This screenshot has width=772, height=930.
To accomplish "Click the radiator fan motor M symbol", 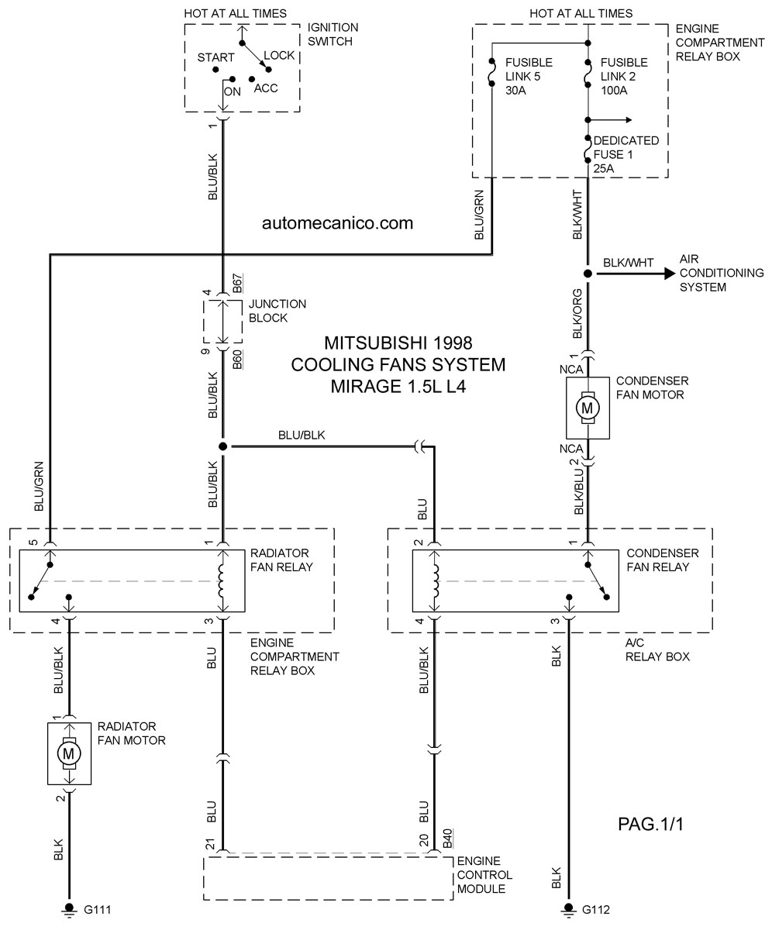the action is tap(69, 754).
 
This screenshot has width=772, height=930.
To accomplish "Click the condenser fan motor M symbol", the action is tap(588, 408).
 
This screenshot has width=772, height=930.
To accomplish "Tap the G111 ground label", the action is tap(98, 910).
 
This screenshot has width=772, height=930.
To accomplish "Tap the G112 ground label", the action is tap(596, 910).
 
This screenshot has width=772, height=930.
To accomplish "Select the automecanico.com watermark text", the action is tap(338, 222).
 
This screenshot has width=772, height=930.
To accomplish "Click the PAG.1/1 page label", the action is tap(651, 824).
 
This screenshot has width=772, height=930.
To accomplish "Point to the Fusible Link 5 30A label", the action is tap(529, 76).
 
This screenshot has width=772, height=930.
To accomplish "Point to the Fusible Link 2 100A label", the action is tap(624, 76).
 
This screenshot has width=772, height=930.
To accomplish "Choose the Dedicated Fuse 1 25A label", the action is tap(626, 154).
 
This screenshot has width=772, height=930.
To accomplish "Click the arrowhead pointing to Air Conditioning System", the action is tap(670, 274).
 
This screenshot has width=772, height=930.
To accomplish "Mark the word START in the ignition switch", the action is tap(215, 57).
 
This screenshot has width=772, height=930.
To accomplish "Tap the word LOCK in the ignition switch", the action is tap(279, 55).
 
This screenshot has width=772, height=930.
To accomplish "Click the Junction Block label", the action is tap(277, 311).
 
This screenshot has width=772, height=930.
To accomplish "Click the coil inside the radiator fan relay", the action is tap(222, 580).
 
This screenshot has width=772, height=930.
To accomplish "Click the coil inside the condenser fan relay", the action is tap(436, 580).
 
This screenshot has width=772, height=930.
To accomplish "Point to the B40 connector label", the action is tap(448, 839).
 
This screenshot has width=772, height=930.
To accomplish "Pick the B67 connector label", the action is tap(237, 284).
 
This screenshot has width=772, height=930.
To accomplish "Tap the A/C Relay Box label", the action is tap(657, 650).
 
